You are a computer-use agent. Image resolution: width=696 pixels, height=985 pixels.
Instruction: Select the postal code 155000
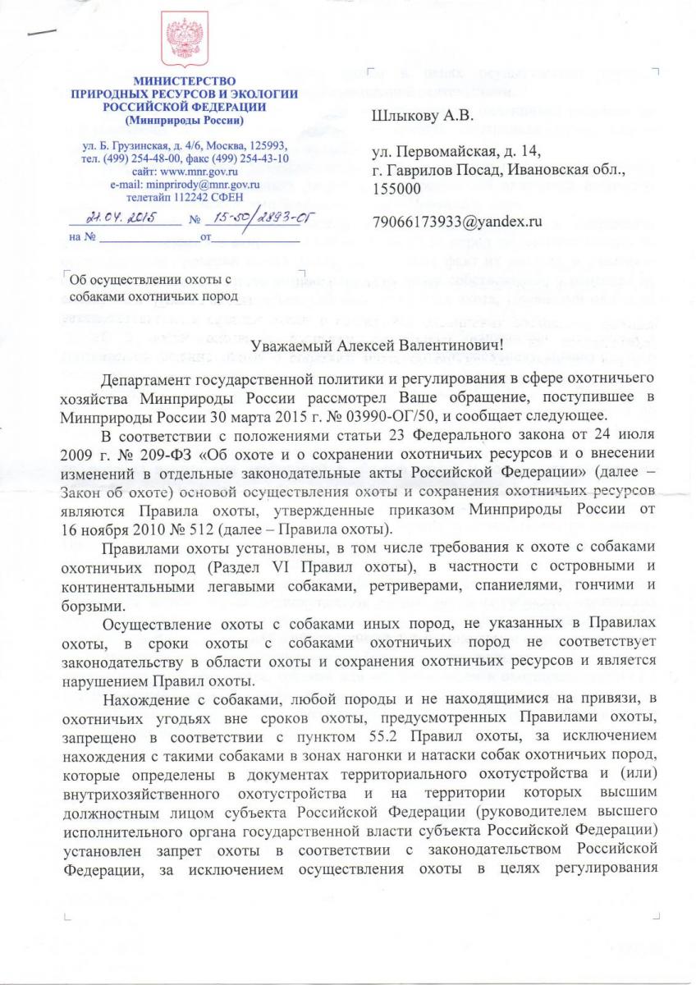[x=397, y=189]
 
